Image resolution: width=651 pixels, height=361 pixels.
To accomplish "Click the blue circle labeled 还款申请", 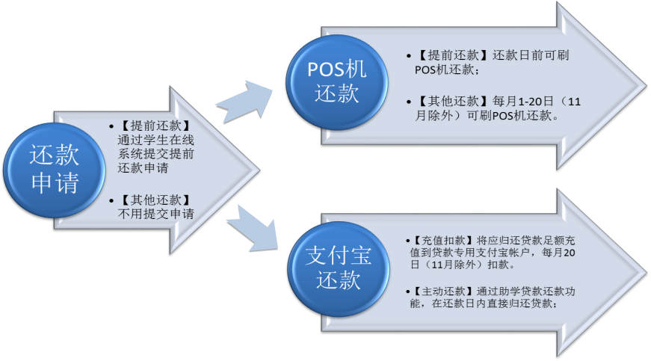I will click(x=53, y=170).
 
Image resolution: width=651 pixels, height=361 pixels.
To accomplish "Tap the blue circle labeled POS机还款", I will click(x=337, y=81).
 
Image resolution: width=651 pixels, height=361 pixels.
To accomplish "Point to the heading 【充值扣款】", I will click(x=440, y=241).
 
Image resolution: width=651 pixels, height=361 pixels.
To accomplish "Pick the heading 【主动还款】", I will click(x=440, y=289).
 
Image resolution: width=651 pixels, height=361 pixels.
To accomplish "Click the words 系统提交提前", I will click(x=155, y=154).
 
